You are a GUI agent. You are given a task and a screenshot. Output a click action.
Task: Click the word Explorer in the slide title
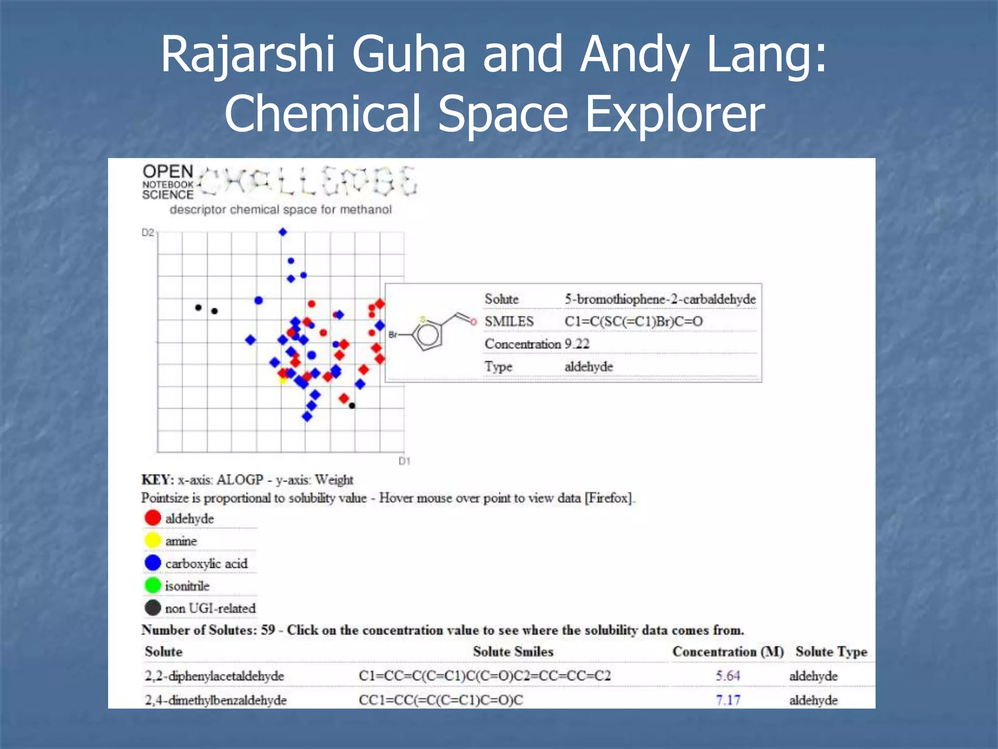[x=675, y=114]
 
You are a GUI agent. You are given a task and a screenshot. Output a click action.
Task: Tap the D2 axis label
[x=148, y=233]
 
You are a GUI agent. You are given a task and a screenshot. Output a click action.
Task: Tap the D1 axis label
[x=404, y=461]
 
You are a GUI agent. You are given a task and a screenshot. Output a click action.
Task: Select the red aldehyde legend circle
[x=153, y=518]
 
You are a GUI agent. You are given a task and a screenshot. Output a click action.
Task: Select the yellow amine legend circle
[x=153, y=540]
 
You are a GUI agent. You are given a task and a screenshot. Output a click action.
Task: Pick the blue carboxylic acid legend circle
[x=153, y=563]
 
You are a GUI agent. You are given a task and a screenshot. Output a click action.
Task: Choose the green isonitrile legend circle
[x=153, y=585]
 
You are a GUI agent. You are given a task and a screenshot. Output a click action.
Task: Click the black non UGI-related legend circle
[x=153, y=608]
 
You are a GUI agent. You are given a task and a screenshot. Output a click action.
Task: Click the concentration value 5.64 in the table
[x=728, y=676]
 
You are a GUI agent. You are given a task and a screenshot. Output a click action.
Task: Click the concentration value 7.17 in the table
[x=728, y=700]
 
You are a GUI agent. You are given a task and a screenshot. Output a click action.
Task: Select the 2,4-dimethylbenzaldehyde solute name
[x=215, y=700]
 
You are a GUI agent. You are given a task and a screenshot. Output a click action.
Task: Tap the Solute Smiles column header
[x=513, y=652]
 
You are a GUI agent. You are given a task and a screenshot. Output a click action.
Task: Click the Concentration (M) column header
[x=728, y=652]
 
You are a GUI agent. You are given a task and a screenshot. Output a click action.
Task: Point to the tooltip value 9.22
[x=577, y=344]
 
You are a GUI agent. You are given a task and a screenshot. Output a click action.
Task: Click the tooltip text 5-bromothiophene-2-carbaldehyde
[x=660, y=299]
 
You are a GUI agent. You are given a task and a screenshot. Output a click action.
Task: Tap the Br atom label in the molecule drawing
[x=393, y=335]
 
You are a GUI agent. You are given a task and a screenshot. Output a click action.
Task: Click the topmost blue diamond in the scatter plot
[x=283, y=232]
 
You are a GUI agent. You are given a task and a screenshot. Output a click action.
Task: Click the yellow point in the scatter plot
[x=283, y=380]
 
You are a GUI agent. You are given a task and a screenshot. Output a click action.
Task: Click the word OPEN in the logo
[x=168, y=172]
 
